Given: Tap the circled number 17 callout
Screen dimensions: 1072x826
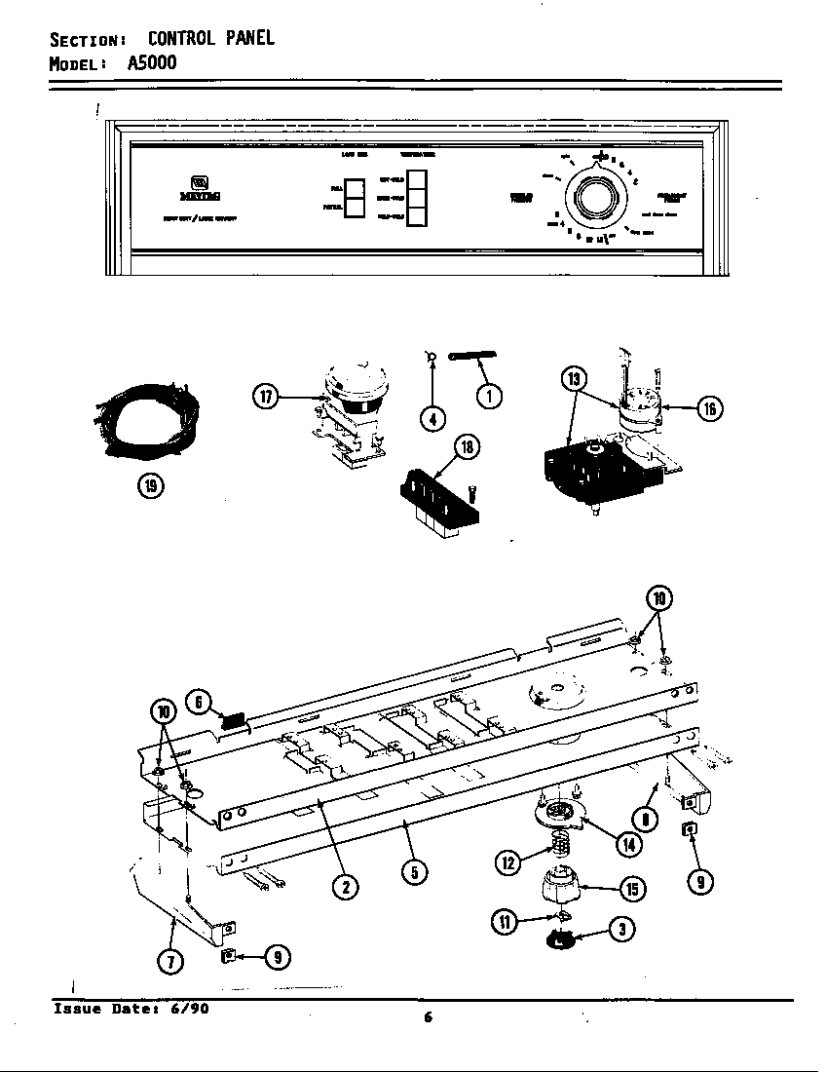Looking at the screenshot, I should tap(264, 397).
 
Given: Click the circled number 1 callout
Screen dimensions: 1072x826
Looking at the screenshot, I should tap(489, 397).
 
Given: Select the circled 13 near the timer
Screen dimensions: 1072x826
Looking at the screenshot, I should tap(574, 379).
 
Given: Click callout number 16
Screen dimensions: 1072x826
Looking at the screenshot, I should tap(709, 408).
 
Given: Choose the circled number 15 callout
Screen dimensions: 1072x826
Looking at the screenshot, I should tap(632, 889).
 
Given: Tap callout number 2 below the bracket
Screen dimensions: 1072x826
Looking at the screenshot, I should tap(345, 886).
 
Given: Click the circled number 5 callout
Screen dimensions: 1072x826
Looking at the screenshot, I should tap(414, 872).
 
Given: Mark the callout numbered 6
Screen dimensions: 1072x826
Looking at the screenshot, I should tap(199, 701).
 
